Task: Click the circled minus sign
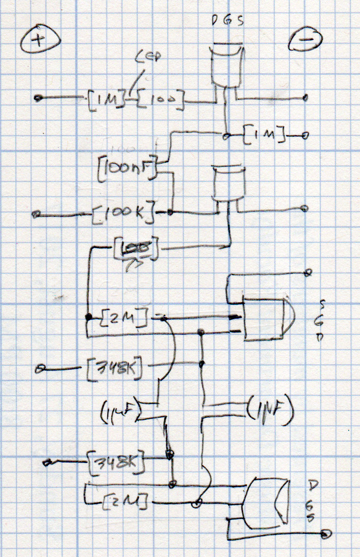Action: [x=304, y=41]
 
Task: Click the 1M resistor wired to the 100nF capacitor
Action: [x=264, y=135]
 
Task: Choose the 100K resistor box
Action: [x=124, y=215]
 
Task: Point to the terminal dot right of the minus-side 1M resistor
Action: [x=305, y=136]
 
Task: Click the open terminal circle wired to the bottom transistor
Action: [x=325, y=534]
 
